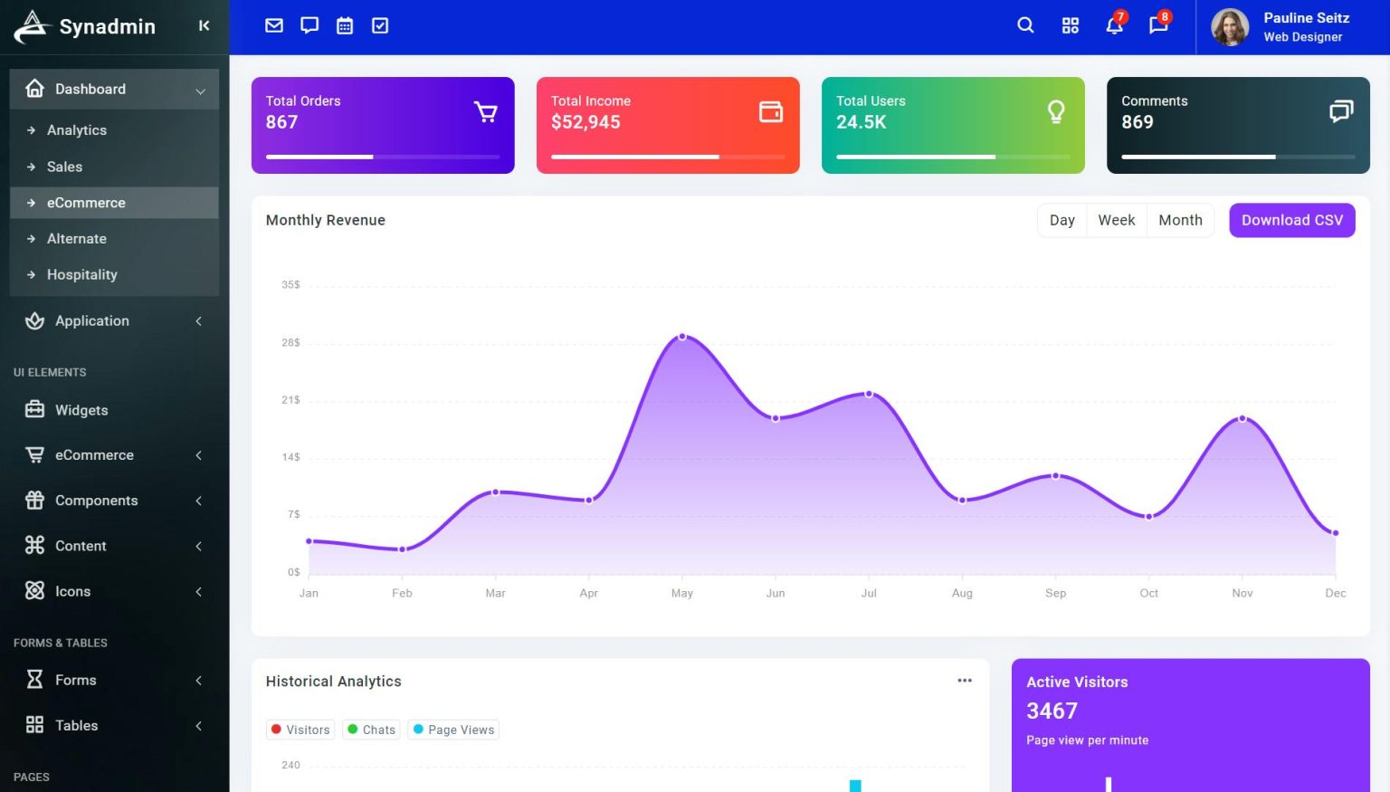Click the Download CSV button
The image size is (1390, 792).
pyautogui.click(x=1291, y=220)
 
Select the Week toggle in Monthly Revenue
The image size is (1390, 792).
pyautogui.click(x=1116, y=220)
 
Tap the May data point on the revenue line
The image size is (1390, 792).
pyautogui.click(x=682, y=337)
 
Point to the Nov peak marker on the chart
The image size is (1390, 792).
pyautogui.click(x=1242, y=418)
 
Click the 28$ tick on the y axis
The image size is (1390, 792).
pyautogui.click(x=290, y=343)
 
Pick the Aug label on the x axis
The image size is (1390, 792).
pyautogui.click(x=962, y=593)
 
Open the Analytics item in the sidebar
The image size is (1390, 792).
pyautogui.click(x=77, y=130)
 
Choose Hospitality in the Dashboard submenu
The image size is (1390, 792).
pyautogui.click(x=82, y=274)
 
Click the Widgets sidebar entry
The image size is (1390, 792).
pyautogui.click(x=81, y=410)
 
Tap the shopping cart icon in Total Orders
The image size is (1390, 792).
pyautogui.click(x=485, y=112)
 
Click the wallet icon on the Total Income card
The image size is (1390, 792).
pyautogui.click(x=770, y=112)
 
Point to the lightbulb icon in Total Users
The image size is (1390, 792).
pyautogui.click(x=1055, y=112)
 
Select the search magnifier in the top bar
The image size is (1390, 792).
pyautogui.click(x=1025, y=25)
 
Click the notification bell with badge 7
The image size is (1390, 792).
pyautogui.click(x=1114, y=25)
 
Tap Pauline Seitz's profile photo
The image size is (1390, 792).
pyautogui.click(x=1230, y=27)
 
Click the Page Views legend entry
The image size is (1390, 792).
pyautogui.click(x=453, y=730)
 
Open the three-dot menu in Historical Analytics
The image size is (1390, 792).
pyautogui.click(x=965, y=681)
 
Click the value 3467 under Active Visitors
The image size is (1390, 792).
pyautogui.click(x=1052, y=711)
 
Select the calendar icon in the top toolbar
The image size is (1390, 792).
pyautogui.click(x=345, y=25)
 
